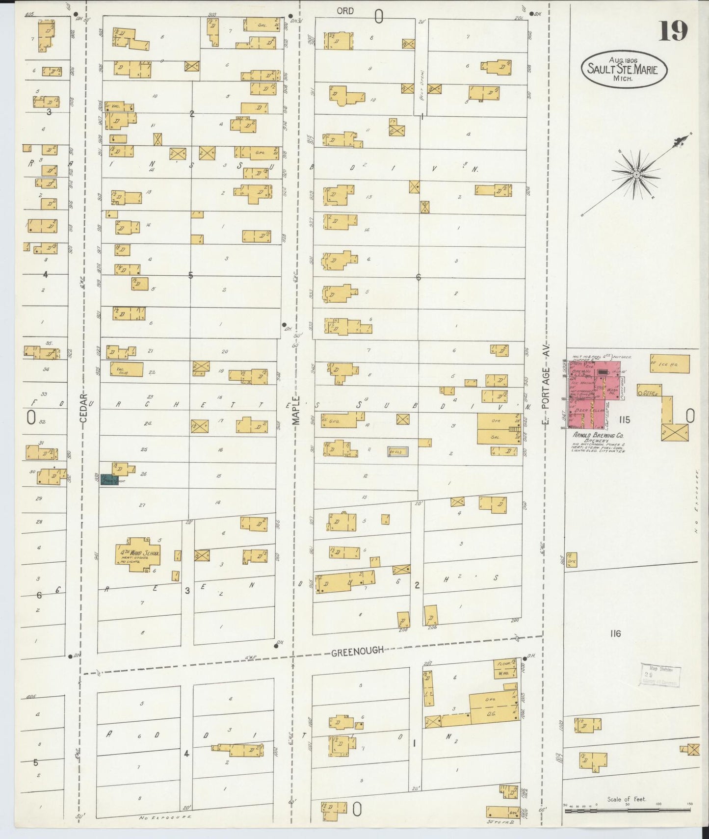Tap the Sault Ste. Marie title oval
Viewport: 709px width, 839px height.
[x=625, y=69]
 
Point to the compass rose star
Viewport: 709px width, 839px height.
[x=636, y=174]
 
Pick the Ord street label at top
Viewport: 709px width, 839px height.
[x=345, y=10]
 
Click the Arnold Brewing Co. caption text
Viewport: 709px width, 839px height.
[x=597, y=435]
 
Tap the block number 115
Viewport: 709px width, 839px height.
[x=624, y=419]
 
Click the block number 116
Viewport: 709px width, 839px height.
[x=615, y=633]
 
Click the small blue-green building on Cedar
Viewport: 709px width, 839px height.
[x=109, y=480]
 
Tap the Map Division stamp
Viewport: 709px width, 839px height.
[x=660, y=676]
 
